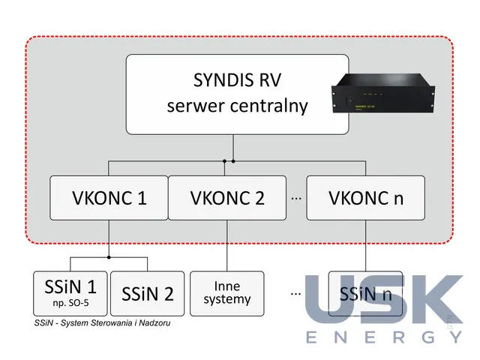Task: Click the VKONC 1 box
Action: click(109, 198)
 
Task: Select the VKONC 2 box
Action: click(227, 198)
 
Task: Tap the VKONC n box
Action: click(365, 198)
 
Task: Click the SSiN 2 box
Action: click(147, 293)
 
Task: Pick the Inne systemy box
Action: click(226, 293)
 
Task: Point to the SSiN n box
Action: click(365, 293)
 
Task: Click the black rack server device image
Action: click(383, 93)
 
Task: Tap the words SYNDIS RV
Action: click(237, 80)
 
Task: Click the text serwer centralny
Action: click(237, 106)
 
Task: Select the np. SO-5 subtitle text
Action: click(70, 303)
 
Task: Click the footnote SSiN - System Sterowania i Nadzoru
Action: click(102, 323)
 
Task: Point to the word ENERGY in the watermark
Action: click(385, 337)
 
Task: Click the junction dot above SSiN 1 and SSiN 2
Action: click(109, 257)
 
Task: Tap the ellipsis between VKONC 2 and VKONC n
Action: click(296, 199)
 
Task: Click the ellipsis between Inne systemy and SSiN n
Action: click(295, 294)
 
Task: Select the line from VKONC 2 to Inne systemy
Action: click(227, 245)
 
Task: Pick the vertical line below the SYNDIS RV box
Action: click(233, 148)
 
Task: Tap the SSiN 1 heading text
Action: click(70, 286)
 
